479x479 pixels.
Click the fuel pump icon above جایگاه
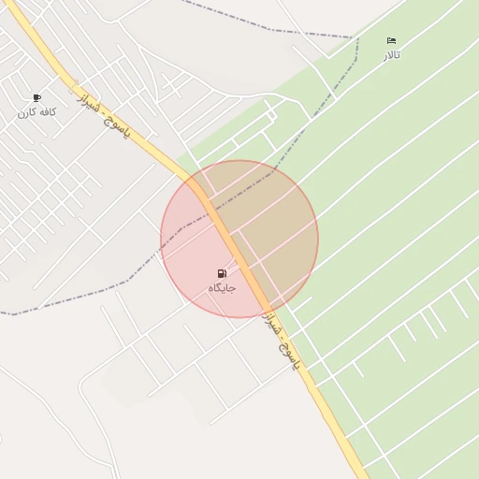point(222,273)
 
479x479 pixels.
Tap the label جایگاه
point(222,288)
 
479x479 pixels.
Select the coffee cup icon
point(36,97)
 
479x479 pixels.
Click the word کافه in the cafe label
point(47,112)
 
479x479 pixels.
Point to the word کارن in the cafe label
point(25,112)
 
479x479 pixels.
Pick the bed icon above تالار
point(391,41)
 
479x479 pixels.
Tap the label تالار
point(391,55)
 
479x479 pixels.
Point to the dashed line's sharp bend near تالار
point(356,38)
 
